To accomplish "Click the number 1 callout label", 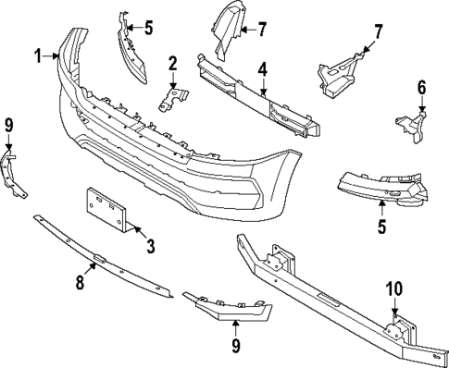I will coord(40,56).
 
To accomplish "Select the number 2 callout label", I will coord(172,63).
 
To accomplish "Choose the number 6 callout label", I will coord(421,88).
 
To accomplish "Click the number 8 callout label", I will coord(80,283).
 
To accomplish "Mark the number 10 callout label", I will coord(393,288).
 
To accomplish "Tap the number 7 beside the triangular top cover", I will coord(261,30).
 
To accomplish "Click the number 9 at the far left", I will coord(8,124).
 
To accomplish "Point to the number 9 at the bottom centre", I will coord(235,346).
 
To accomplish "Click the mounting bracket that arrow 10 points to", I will coord(397,328).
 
